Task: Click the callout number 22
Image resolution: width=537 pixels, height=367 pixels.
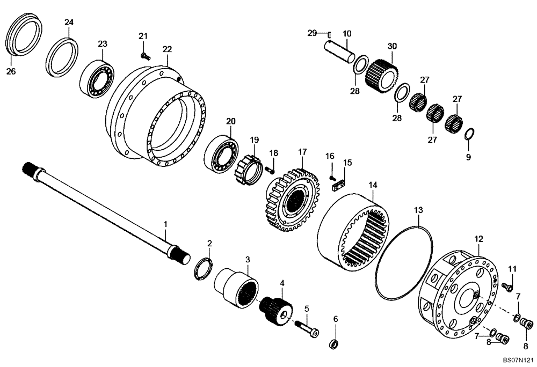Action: click(x=167, y=49)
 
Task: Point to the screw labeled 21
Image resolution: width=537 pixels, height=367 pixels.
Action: click(x=144, y=55)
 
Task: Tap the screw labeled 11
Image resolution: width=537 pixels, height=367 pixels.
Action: click(x=506, y=288)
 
